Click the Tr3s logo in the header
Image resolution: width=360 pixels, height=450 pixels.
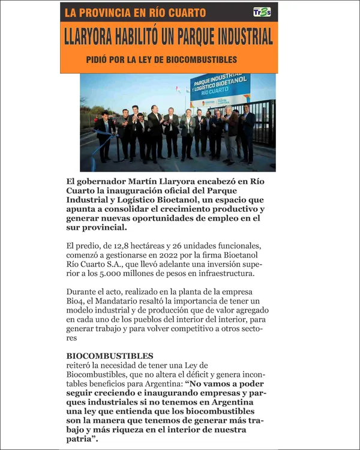[262, 13]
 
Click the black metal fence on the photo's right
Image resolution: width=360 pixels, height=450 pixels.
[264, 123]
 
